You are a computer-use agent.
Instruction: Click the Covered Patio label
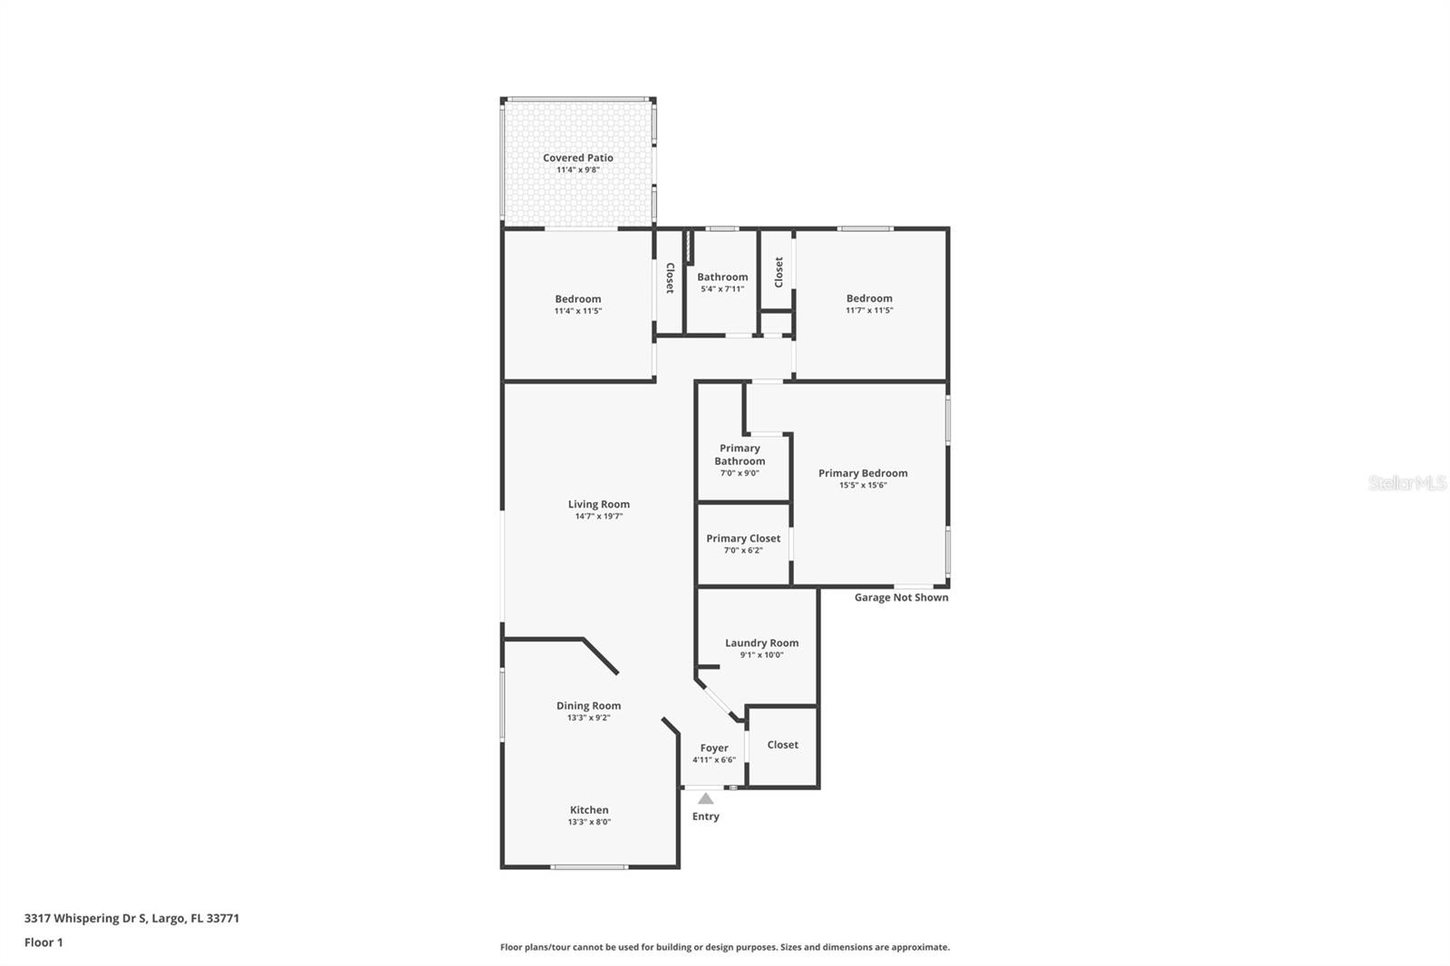578,158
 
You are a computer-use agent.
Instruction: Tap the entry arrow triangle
705,798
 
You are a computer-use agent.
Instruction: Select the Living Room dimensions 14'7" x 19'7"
598,517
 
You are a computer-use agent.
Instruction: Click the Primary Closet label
743,538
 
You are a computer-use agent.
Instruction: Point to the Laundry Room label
761,642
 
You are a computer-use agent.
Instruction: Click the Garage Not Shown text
901,597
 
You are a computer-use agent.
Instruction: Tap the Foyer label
714,748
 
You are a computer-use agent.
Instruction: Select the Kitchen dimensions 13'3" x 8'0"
589,822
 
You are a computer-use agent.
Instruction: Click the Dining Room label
588,705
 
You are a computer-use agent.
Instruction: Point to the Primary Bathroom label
739,454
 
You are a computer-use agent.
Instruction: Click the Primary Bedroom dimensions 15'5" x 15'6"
863,485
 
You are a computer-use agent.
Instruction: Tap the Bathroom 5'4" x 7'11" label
722,277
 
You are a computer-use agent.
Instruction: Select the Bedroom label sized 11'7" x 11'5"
869,298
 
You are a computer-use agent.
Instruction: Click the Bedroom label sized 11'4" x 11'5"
577,299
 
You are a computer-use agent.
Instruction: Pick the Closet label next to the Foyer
782,745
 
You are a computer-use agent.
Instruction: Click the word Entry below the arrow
705,816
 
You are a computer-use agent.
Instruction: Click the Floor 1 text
43,942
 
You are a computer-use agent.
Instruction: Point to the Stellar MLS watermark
1406,484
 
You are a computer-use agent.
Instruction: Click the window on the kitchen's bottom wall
589,867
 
